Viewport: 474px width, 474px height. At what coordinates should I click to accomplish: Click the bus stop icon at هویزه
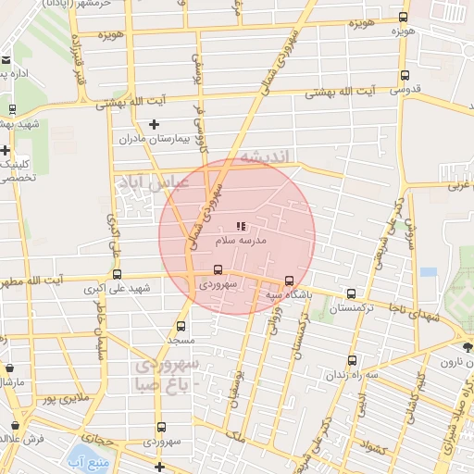[x=403, y=17]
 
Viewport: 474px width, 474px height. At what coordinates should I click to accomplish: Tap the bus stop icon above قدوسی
[x=404, y=76]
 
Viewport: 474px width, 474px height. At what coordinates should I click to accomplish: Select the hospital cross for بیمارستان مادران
[x=154, y=124]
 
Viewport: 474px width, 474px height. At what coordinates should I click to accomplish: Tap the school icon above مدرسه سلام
[x=241, y=226]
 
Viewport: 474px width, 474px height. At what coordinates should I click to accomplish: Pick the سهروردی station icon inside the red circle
[x=218, y=269]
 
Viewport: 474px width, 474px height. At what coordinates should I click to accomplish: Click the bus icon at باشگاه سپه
[x=289, y=281]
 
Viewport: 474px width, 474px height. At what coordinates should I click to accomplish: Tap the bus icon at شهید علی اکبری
[x=117, y=274]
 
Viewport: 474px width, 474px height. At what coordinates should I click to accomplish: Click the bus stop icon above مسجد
[x=181, y=326]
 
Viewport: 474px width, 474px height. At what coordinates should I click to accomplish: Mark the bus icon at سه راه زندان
[x=351, y=360]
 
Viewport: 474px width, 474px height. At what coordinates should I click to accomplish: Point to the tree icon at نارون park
[x=467, y=347]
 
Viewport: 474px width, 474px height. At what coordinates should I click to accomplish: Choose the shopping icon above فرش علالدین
[x=15, y=426]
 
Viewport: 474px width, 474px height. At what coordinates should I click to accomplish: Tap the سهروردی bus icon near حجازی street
[x=162, y=427]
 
